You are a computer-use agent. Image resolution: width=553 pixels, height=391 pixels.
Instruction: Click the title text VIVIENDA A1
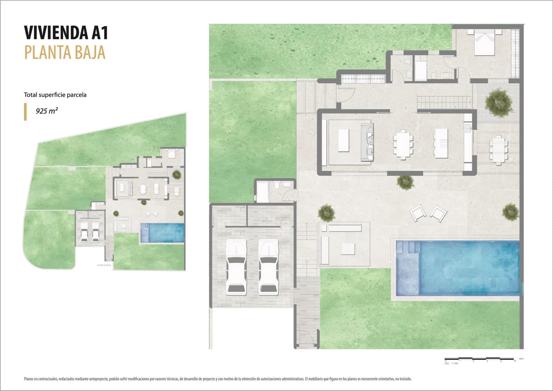click(66, 33)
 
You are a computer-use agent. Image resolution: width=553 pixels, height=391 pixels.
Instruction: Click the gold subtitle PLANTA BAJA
click(65, 53)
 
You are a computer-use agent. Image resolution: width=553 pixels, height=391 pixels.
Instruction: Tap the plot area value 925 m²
click(47, 111)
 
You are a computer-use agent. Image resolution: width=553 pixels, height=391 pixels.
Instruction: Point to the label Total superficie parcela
click(55, 95)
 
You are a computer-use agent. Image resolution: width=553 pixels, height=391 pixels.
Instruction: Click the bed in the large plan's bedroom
click(484, 43)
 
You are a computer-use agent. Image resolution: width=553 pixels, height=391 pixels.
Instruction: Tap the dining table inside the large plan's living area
click(403, 144)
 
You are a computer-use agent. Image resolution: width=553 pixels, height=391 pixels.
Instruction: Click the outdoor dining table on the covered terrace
click(498, 149)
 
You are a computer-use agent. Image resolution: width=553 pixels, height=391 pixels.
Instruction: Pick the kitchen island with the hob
click(441, 143)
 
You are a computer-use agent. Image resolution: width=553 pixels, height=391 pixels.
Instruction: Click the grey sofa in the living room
click(367, 142)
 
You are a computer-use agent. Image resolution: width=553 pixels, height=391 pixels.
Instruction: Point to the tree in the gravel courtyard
click(498, 102)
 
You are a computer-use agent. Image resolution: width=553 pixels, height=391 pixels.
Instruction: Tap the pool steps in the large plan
click(408, 249)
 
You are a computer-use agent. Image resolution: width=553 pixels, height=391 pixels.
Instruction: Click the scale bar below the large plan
click(480, 359)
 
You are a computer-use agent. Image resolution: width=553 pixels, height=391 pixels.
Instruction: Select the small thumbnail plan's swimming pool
click(162, 233)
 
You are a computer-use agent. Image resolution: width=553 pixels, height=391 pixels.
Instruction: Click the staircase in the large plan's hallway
click(444, 102)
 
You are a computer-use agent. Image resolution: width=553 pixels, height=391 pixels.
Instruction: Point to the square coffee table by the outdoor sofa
click(348, 249)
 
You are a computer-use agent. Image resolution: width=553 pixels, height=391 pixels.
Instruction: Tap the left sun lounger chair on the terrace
click(418, 212)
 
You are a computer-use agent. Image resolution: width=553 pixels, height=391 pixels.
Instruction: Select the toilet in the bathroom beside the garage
click(276, 186)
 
